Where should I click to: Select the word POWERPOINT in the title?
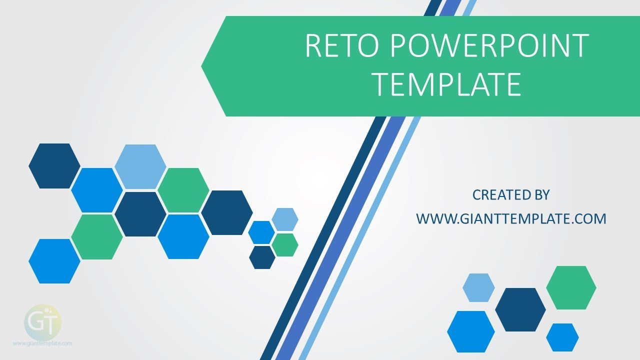tap(488, 46)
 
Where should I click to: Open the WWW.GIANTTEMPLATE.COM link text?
tap(511, 218)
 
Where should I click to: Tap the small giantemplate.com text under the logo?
tap(42, 343)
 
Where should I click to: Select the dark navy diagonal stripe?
tap(320, 250)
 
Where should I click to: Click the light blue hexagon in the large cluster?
tap(140, 166)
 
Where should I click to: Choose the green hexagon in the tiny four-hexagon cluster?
tap(285, 245)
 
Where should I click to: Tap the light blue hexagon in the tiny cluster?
tap(285, 219)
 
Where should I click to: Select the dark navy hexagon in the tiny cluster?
tap(262, 257)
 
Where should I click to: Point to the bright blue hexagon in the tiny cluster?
tap(261, 232)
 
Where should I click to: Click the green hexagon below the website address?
tap(571, 287)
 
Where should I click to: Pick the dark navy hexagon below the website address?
tap(520, 309)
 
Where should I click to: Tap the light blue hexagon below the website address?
tap(478, 287)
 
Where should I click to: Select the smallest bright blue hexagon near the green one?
tap(562, 337)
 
